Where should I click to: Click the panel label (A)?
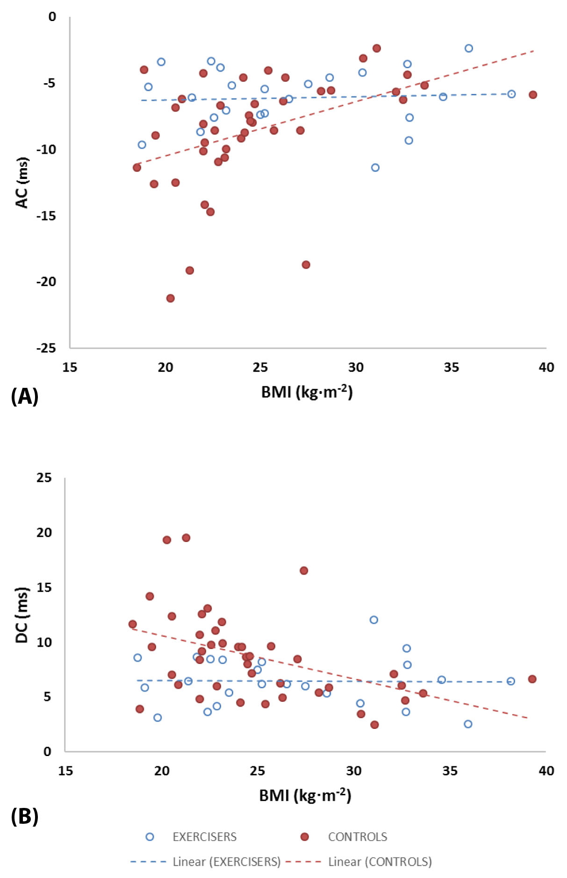coord(24,396)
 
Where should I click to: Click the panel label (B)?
coord(24,816)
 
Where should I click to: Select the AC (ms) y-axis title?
coord(22,182)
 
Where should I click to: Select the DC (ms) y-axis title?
coord(22,615)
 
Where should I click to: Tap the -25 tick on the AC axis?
coord(46,348)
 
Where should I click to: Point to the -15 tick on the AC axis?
coord(46,215)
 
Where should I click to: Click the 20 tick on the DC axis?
coord(44,532)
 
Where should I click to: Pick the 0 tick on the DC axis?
coord(47,751)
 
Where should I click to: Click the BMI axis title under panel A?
coord(307,392)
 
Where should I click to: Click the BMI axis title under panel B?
coord(305,795)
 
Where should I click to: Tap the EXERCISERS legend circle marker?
coord(150,837)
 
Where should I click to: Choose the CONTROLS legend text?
coord(358,837)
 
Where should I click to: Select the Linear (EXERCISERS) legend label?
coord(227,862)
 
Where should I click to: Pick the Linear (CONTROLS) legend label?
coord(380,862)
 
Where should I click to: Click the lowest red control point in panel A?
coord(170,298)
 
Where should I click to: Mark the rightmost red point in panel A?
coord(533,95)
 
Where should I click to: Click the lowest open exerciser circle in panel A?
coord(375,167)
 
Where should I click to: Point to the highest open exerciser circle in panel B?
coord(373,620)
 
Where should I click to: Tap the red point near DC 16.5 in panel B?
coord(304,571)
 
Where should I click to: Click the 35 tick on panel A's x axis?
coord(451,367)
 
